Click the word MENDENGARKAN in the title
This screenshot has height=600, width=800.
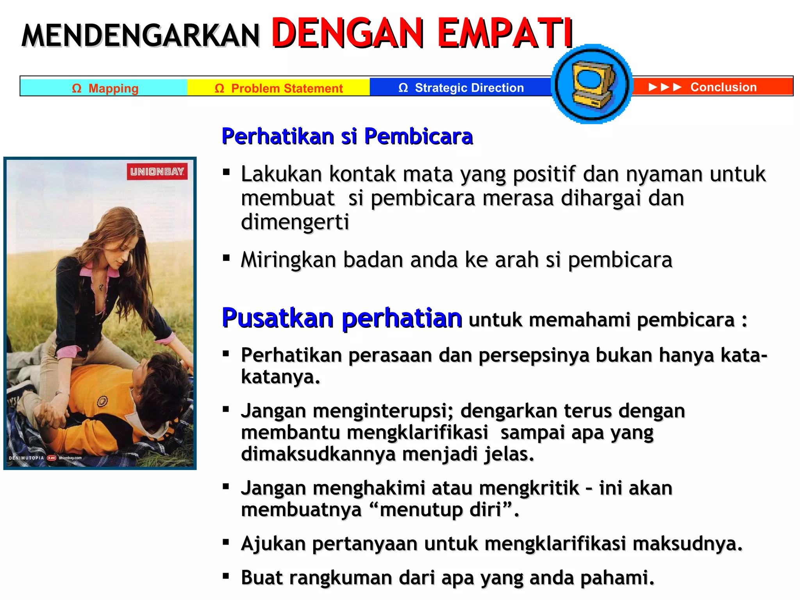141,36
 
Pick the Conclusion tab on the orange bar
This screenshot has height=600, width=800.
723,87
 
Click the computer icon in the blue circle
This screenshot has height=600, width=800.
592,84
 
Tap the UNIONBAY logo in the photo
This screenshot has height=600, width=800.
157,171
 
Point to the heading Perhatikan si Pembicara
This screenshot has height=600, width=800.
347,136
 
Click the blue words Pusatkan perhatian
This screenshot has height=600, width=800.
342,318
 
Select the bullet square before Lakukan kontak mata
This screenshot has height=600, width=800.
226,172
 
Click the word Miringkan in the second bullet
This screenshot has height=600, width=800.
288,260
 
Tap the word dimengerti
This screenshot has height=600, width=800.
295,222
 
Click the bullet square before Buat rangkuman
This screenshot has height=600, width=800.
226,575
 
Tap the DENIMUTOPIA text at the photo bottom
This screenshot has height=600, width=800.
26,458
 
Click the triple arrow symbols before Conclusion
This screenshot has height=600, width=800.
665,87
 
